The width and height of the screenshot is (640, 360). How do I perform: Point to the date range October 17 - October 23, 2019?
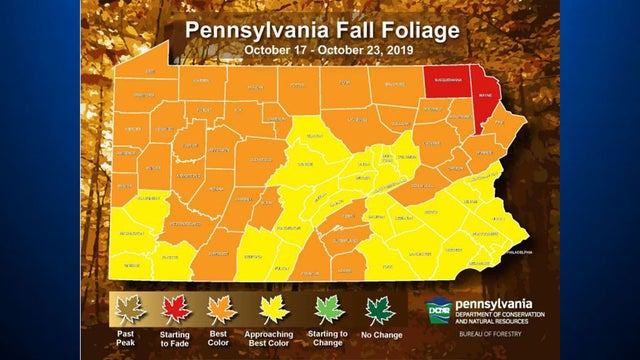[x=320, y=48]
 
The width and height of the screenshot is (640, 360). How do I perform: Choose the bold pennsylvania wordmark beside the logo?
[x=494, y=304]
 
